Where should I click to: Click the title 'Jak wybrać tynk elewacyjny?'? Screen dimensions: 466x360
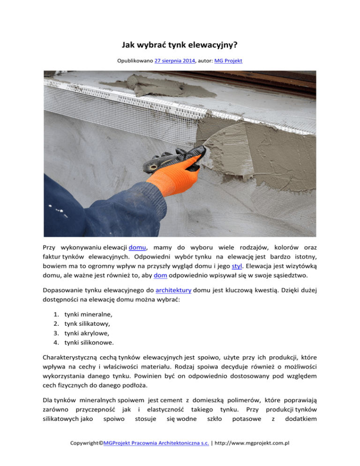(x=180, y=46)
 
